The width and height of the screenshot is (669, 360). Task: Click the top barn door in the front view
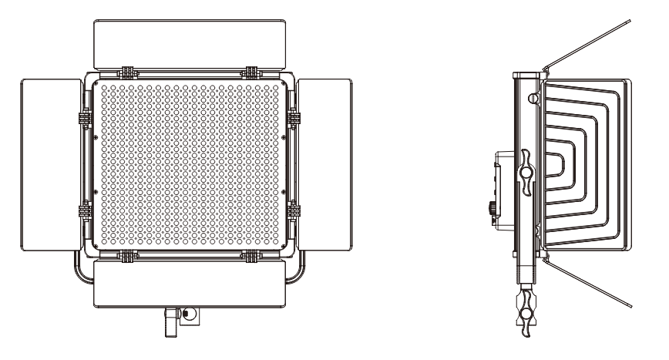[190, 43]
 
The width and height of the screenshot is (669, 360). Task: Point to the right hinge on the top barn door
[251, 72]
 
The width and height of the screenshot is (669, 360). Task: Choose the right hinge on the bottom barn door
[251, 254]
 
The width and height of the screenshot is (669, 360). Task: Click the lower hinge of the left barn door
[82, 209]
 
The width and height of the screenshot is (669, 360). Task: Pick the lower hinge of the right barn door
[294, 209]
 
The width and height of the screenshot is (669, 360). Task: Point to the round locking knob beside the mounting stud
[184, 314]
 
